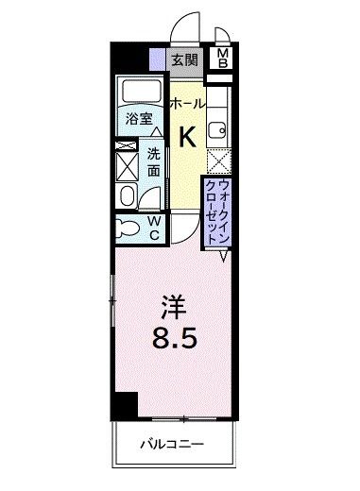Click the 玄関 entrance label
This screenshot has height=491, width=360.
click(x=183, y=60)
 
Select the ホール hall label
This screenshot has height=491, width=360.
click(x=187, y=104)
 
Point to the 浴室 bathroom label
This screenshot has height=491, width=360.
click(x=140, y=119)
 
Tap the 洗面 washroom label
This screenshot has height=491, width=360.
click(x=154, y=162)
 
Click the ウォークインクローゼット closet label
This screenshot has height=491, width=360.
click(x=216, y=210)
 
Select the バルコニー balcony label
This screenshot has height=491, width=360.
click(x=174, y=443)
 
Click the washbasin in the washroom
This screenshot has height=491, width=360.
click(x=127, y=195)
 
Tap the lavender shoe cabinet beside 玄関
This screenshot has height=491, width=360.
click(x=158, y=60)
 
